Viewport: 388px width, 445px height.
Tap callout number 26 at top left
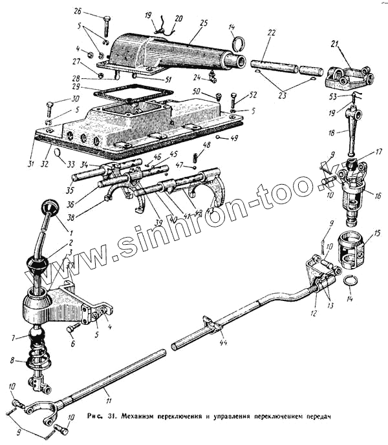[78, 12]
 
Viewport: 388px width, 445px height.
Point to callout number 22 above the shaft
[272, 32]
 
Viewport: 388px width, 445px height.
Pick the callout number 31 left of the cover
[30, 163]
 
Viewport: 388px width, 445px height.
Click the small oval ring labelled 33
[58, 153]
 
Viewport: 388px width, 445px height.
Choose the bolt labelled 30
[52, 107]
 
